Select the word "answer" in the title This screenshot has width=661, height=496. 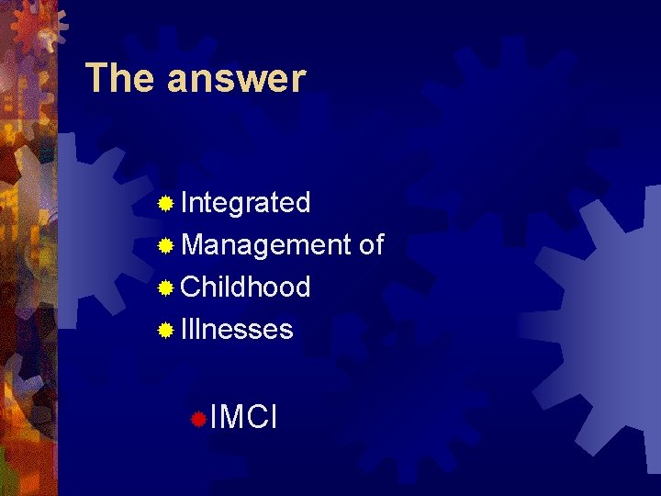tap(236, 79)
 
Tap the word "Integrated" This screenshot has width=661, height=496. tap(246, 203)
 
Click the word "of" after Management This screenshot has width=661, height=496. tap(372, 244)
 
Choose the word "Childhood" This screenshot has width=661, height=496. tap(246, 287)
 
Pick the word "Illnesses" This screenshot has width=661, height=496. tap(237, 329)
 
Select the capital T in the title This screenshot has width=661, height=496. tap(95, 79)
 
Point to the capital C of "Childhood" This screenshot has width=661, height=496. tap(192, 287)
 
